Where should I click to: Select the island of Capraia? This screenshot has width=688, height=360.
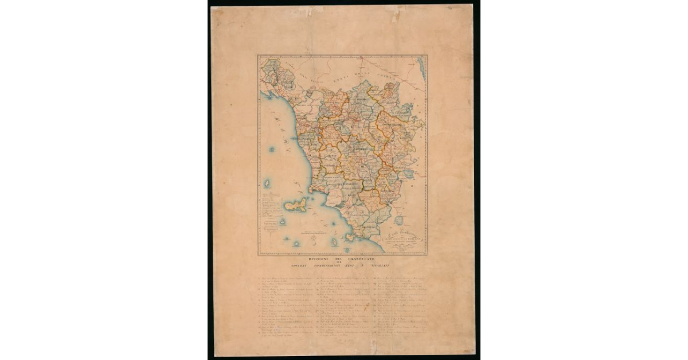(267, 184)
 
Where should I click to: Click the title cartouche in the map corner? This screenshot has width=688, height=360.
(404, 237)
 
